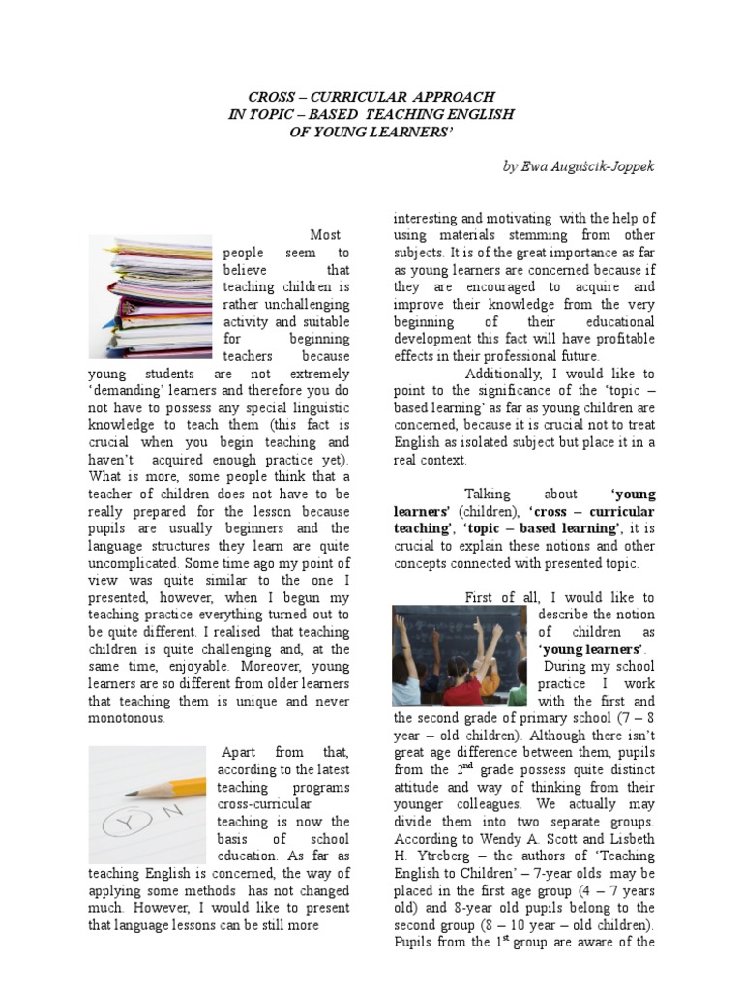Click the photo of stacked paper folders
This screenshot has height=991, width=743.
[x=149, y=297]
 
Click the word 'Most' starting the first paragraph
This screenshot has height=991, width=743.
[x=326, y=235]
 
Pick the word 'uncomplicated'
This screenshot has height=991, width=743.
[x=134, y=562]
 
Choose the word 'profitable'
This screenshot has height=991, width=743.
[x=620, y=339]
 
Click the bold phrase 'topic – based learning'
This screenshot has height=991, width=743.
[x=542, y=528]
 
